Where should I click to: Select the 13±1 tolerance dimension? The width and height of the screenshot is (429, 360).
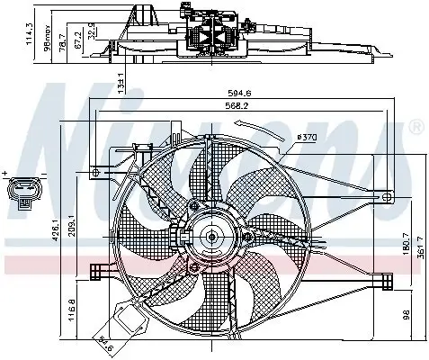[x=121, y=83]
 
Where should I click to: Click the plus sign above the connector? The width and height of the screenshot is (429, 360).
[x=5, y=171]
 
